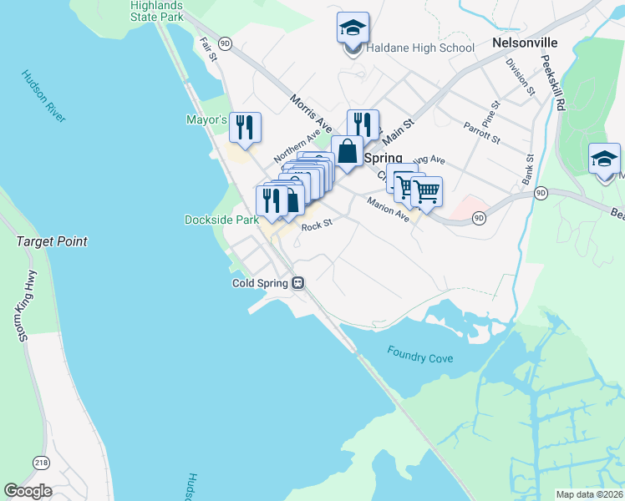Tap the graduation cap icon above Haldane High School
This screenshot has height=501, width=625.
point(353,28)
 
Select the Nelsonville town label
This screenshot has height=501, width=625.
point(525,42)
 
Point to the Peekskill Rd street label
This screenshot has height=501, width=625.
point(552,83)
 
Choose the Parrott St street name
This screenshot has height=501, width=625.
point(481,133)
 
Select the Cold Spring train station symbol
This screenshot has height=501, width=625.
point(297,283)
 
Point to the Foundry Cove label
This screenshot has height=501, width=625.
point(420,354)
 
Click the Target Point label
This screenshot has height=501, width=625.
point(52,241)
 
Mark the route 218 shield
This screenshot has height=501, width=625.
point(41,462)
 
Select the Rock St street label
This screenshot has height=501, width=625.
point(317,225)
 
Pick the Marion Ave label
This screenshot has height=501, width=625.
point(389,209)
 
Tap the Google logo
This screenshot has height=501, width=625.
point(28,491)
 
